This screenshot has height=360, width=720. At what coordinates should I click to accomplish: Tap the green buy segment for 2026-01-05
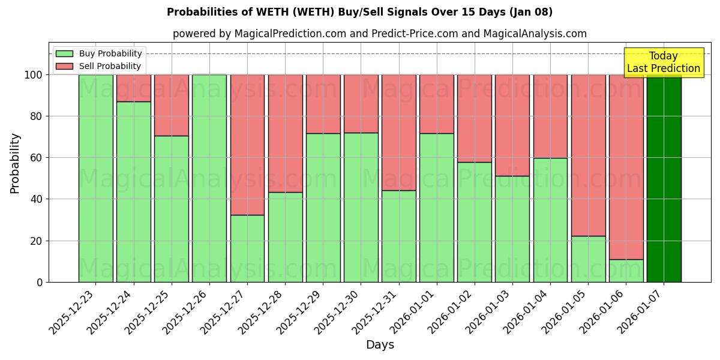point(588,259)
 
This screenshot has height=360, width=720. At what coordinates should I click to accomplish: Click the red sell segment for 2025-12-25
point(172,105)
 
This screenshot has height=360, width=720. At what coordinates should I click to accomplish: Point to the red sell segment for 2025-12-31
point(398,132)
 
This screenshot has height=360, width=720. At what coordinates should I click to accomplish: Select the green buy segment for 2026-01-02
point(474,222)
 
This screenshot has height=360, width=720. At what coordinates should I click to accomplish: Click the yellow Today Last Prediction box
point(663,62)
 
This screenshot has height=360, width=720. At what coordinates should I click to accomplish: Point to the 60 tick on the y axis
point(37,158)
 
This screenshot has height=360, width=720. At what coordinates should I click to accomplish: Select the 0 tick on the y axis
point(40,282)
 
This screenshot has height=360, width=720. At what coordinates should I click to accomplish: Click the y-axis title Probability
point(15,163)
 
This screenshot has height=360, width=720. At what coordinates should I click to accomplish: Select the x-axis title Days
point(380,345)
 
